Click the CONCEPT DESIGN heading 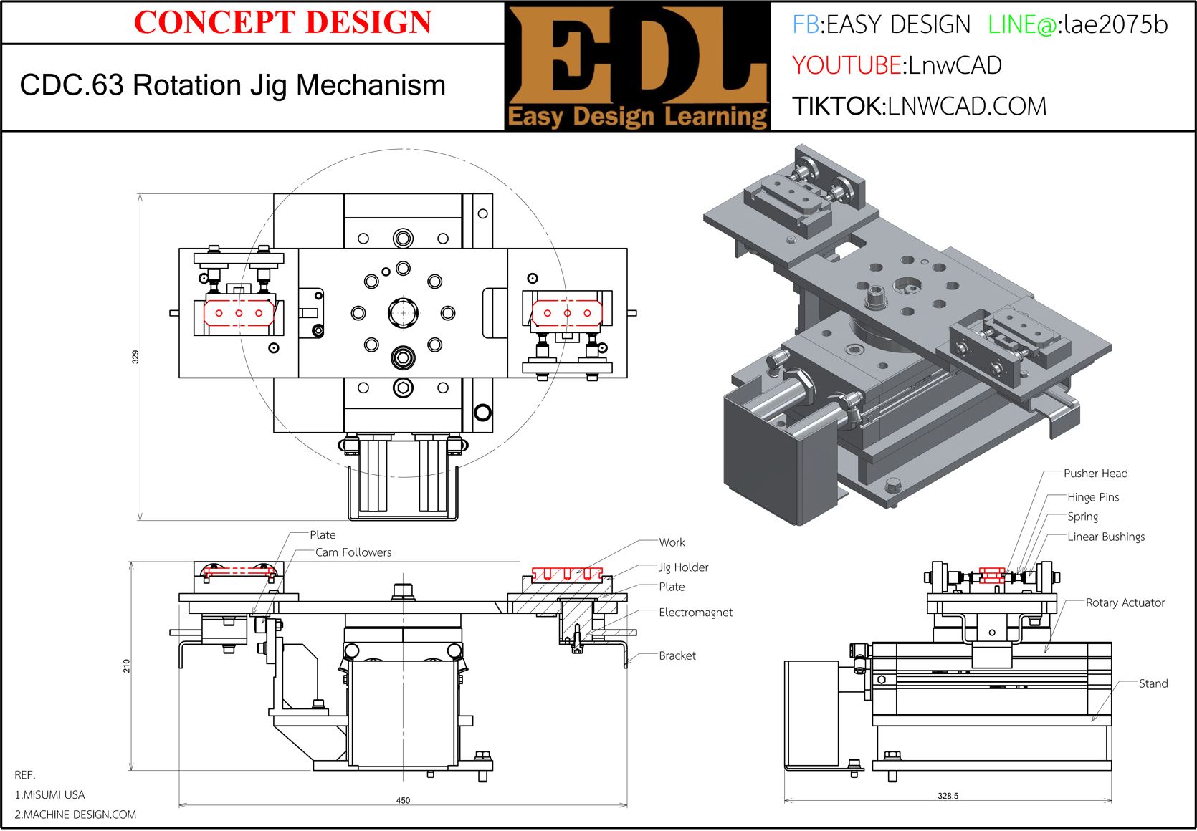tap(282, 22)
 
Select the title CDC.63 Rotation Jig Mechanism tap(232, 85)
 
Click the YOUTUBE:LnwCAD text tap(897, 65)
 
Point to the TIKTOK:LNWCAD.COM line tap(919, 106)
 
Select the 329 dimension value tap(135, 357)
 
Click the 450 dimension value tap(403, 800)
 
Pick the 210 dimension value tap(127, 666)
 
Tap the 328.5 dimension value tap(948, 796)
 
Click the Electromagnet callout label tap(695, 613)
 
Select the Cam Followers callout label tap(353, 552)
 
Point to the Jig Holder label tap(683, 567)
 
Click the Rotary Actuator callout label tap(1125, 602)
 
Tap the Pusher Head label tap(1095, 474)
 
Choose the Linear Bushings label tap(1105, 537)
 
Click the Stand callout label tap(1153, 683)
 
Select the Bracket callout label tap(677, 655)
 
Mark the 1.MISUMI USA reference tap(49, 794)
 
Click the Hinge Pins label tap(1092, 497)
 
